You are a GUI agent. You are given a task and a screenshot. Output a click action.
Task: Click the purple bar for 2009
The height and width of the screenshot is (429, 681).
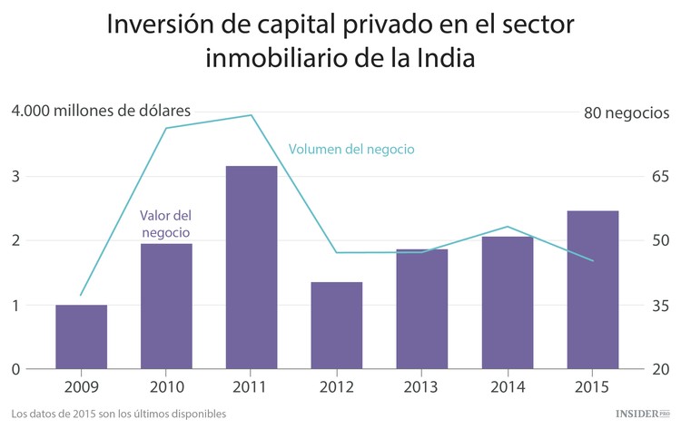[x=81, y=336]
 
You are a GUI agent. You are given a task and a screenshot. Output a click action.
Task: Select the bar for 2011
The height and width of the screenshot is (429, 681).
[x=252, y=268]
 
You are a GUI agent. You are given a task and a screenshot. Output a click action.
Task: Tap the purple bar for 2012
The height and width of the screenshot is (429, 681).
[x=337, y=325]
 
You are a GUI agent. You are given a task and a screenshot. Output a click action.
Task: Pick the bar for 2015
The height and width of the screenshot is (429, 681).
[x=592, y=289]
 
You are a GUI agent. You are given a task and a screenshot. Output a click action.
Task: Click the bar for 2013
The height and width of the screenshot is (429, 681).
[x=421, y=308]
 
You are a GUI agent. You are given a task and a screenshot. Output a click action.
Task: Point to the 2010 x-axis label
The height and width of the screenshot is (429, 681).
[x=166, y=387]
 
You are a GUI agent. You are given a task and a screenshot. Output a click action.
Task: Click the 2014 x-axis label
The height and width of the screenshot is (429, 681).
[x=507, y=387]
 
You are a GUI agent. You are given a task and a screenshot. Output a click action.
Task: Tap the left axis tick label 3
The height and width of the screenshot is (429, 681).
[x=15, y=176]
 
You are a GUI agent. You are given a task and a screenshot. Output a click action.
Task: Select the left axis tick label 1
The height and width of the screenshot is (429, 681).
[x=15, y=306]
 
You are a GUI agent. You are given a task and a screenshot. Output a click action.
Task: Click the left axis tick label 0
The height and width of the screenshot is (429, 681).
[x=15, y=369]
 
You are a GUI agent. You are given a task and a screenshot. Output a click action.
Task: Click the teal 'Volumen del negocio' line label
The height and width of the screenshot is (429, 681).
[x=351, y=149]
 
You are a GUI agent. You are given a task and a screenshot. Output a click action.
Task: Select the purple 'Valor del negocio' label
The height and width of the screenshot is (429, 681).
[x=165, y=224]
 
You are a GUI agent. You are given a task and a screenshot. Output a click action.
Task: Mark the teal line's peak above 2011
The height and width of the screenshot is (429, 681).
[x=252, y=115]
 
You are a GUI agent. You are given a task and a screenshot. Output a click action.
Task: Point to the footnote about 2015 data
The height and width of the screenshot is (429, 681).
[x=119, y=414]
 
